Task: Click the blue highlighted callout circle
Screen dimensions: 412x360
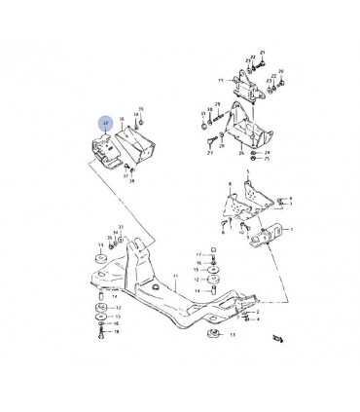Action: pyautogui.click(x=104, y=123)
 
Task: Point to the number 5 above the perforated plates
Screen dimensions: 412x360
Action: pyautogui.click(x=248, y=172)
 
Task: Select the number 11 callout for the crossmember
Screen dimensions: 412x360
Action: pyautogui.click(x=176, y=277)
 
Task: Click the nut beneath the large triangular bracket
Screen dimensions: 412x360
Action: pyautogui.click(x=255, y=154)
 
